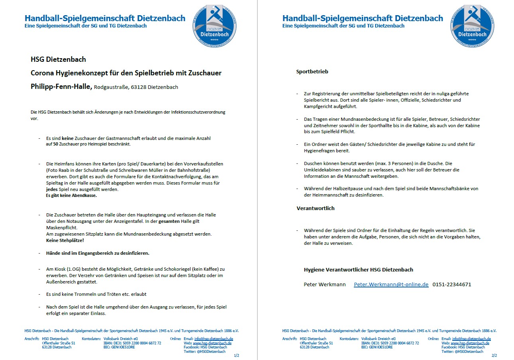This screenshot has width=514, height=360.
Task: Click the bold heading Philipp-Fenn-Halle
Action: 61,87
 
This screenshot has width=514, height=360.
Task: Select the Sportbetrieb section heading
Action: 312,72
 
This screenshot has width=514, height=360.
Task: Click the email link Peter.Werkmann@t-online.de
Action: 391,284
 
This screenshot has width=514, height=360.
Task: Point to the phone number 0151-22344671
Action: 452,284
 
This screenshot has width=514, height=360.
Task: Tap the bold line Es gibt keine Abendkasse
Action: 71,195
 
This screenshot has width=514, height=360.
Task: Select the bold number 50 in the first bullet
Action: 56,144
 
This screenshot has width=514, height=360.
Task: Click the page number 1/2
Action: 237,355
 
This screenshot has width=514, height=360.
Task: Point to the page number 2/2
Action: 494,355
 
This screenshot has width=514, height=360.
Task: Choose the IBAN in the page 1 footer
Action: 132,343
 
